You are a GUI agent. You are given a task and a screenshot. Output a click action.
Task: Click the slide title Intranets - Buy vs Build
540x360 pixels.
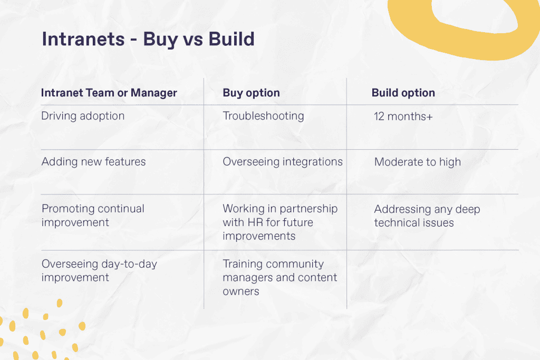(148, 40)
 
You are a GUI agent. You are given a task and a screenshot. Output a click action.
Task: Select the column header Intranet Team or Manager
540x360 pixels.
(109, 93)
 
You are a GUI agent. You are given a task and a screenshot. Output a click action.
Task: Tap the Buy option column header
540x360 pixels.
(251, 93)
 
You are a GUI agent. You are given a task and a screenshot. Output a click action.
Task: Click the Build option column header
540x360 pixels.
(403, 93)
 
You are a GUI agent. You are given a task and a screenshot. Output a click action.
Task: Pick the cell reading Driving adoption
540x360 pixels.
(83, 116)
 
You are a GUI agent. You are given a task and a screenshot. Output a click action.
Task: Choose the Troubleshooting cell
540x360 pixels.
(263, 116)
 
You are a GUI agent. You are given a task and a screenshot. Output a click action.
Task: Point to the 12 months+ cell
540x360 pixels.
(403, 116)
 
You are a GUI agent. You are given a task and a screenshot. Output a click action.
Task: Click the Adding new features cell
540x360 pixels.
(93, 161)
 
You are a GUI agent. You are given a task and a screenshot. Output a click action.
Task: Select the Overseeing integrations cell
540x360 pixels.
(282, 161)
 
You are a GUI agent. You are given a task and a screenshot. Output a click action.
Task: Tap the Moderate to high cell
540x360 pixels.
(417, 162)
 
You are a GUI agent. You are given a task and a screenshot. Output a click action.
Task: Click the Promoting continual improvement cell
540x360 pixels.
(93, 215)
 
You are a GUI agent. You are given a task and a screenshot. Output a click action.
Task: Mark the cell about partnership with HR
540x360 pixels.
(279, 222)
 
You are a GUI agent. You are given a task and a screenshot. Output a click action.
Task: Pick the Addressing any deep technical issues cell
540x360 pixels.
(427, 216)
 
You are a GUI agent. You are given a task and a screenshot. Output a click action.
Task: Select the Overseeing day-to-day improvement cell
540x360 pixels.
(99, 270)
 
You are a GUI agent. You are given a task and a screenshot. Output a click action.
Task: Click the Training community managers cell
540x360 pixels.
(279, 277)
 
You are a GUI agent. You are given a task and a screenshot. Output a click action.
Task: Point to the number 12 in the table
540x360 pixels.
(379, 116)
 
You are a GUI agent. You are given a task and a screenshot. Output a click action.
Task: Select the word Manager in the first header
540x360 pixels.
(153, 93)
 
